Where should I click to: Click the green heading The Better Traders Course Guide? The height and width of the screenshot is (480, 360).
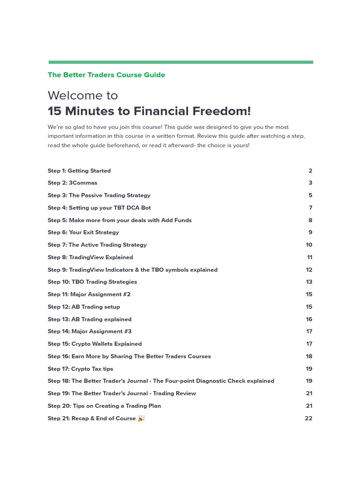pyautogui.click(x=106, y=75)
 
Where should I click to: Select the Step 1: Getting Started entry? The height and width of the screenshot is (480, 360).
pyautogui.click(x=79, y=171)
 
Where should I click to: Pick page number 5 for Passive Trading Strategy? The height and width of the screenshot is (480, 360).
pyautogui.click(x=310, y=195)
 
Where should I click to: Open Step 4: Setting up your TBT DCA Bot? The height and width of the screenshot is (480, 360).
pyautogui.click(x=99, y=208)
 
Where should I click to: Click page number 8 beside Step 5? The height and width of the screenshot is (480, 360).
pyautogui.click(x=310, y=220)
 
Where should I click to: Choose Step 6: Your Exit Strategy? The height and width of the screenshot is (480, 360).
pyautogui.click(x=83, y=232)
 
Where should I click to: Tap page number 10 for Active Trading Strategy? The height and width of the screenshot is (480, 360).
pyautogui.click(x=309, y=245)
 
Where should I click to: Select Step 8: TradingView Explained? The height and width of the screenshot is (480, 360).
pyautogui.click(x=90, y=257)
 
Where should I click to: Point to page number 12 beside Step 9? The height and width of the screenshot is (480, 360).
pyautogui.click(x=309, y=270)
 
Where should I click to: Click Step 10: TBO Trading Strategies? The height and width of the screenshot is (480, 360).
pyautogui.click(x=92, y=282)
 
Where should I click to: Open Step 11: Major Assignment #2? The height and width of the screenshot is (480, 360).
pyautogui.click(x=89, y=294)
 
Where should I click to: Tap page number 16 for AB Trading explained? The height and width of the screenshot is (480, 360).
pyautogui.click(x=309, y=319)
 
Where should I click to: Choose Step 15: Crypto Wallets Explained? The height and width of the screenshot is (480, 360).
pyautogui.click(x=94, y=344)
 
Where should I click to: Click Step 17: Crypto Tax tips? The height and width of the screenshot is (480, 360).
pyautogui.click(x=80, y=369)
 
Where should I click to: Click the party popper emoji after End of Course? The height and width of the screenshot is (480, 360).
pyautogui.click(x=141, y=418)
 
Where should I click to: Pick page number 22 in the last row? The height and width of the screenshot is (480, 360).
pyautogui.click(x=308, y=418)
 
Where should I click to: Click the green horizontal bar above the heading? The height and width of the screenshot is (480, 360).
pyautogui.click(x=180, y=62)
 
